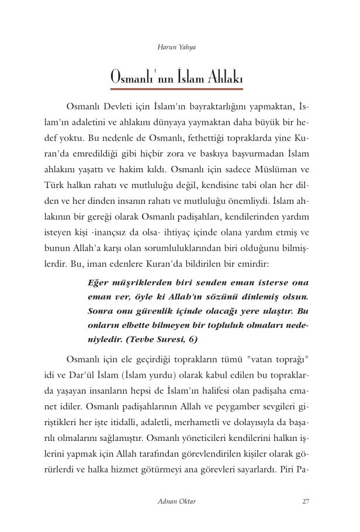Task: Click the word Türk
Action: point(55,185)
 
